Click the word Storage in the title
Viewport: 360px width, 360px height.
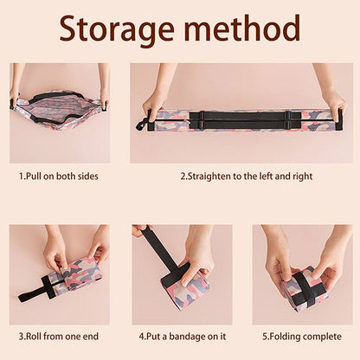tap(118, 30)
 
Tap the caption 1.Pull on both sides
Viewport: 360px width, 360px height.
tap(59, 176)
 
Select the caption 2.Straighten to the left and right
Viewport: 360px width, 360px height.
tap(246, 176)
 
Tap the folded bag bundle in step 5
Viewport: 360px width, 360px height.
tap(303, 288)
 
